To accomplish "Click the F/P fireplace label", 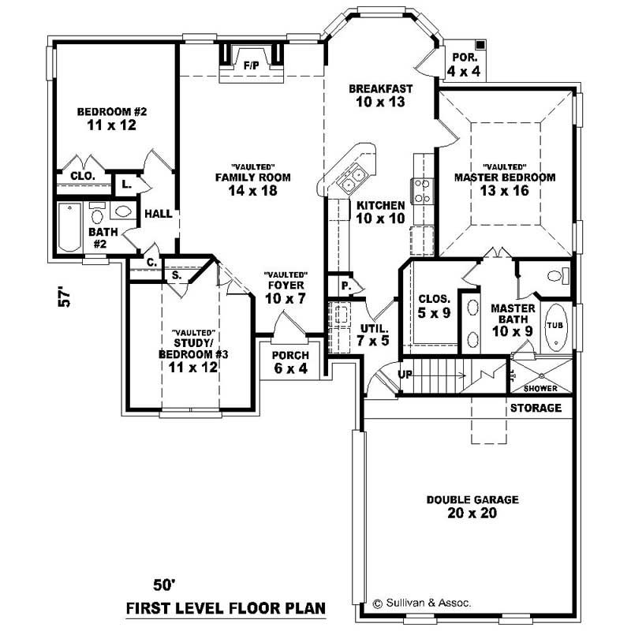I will [252, 64].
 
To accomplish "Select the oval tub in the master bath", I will [556, 325].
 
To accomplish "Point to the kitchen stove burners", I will [421, 191].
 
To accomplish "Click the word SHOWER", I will [540, 389].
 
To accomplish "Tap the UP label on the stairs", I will [405, 374].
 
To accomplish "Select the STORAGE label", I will [536, 408].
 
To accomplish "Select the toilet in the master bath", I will [555, 276].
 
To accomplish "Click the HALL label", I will [159, 213].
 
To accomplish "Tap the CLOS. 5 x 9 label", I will [435, 305].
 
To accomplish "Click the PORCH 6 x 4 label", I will [289, 361].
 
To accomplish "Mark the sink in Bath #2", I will [122, 211].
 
